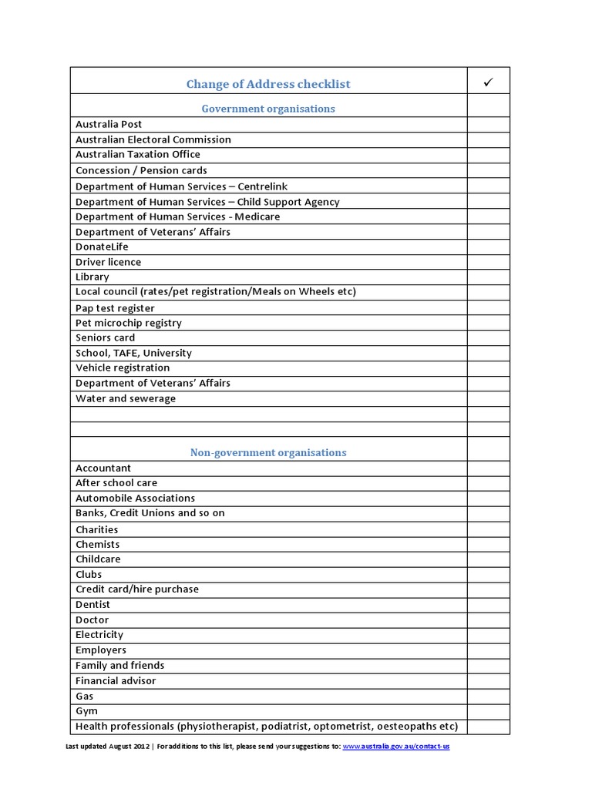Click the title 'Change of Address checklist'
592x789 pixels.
(268, 84)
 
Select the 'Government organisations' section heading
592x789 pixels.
(268, 109)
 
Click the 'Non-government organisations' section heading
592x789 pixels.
(268, 452)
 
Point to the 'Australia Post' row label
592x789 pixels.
(109, 124)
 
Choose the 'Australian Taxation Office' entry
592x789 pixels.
(137, 155)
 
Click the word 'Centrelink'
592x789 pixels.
(263, 186)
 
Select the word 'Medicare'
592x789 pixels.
(254, 217)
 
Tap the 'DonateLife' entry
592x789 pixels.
(102, 247)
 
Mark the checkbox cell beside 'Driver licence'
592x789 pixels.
(488, 262)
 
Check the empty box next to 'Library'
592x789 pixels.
(488, 277)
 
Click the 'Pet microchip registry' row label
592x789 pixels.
(128, 323)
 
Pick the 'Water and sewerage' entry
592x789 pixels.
(126, 398)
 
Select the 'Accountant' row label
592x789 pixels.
(103, 468)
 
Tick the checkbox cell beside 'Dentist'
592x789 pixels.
(488, 605)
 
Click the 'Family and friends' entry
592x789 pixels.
(119, 665)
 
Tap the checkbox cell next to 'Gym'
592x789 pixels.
(488, 711)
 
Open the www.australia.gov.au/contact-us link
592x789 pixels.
(395, 747)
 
